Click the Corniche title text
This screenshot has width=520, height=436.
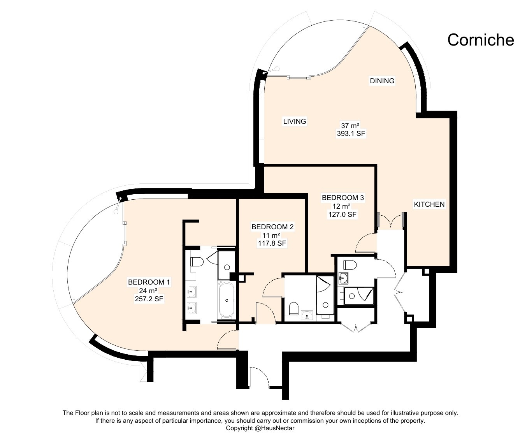[x=480, y=40]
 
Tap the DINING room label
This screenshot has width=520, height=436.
[x=382, y=81]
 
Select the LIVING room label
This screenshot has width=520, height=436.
[x=294, y=121]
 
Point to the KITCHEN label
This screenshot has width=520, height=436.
[x=429, y=204]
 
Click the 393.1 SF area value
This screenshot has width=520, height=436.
[x=351, y=134]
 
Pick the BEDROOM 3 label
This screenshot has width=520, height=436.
[x=343, y=198]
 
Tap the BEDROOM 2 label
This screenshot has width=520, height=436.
[x=272, y=227]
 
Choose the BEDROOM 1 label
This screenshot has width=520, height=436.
[x=149, y=282]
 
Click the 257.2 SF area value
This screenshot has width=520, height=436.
[x=149, y=299]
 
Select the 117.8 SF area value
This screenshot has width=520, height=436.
[x=272, y=243]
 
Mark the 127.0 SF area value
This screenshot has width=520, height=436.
[x=342, y=214]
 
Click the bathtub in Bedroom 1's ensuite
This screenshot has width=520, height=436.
[x=227, y=300]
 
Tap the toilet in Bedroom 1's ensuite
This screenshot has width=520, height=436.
[x=197, y=262]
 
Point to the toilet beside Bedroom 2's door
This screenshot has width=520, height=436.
[x=293, y=309]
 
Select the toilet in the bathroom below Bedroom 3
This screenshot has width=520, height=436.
[x=350, y=265]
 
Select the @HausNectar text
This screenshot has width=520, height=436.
[x=274, y=428]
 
